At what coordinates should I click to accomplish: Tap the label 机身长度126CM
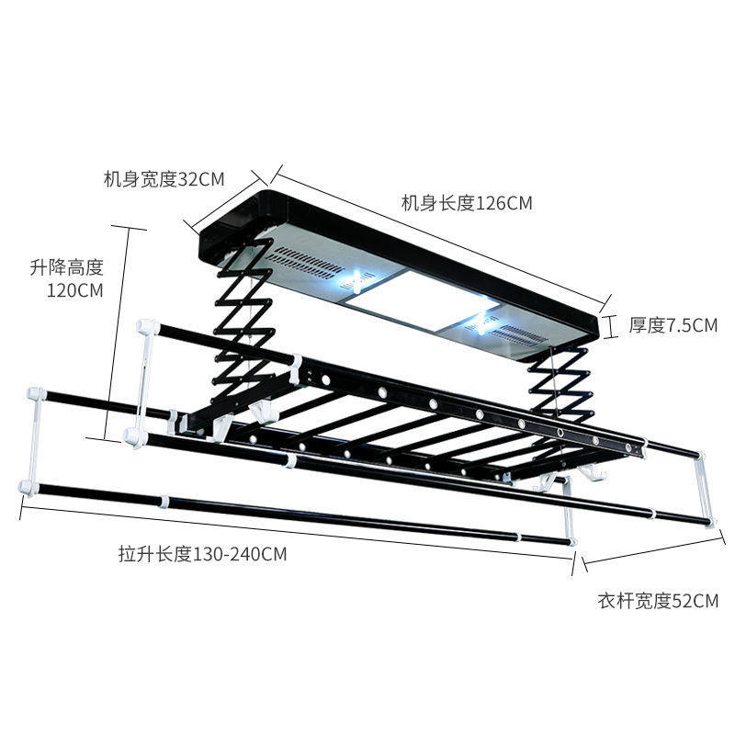[x=467, y=203]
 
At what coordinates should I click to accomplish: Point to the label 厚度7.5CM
[x=673, y=324]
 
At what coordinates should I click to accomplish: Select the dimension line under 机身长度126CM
[x=441, y=233]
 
